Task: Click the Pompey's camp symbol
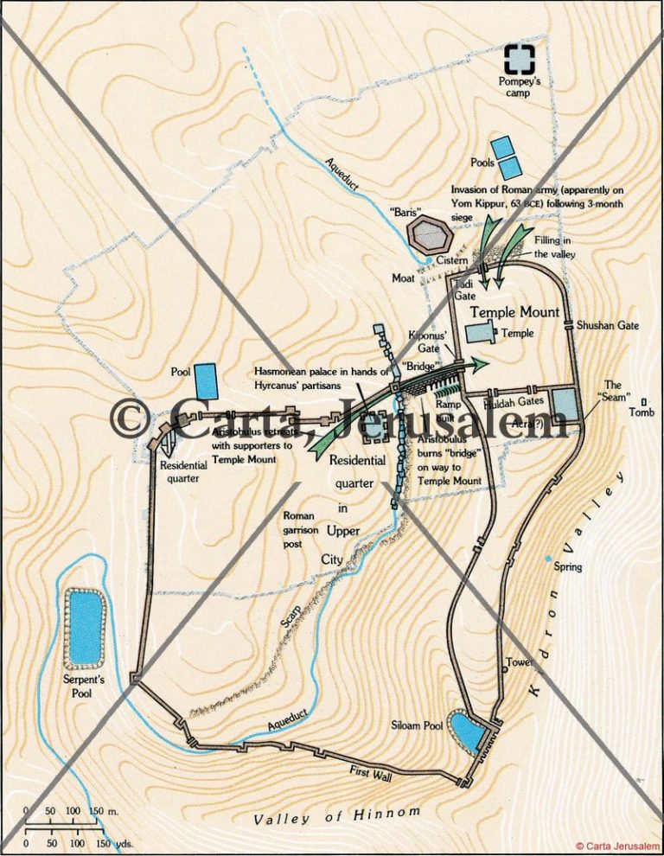pyautogui.click(x=520, y=58)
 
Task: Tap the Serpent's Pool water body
pyautogui.click(x=85, y=628)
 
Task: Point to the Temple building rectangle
pyautogui.click(x=480, y=333)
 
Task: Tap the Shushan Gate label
pyautogui.click(x=608, y=325)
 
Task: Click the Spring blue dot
pyautogui.click(x=548, y=559)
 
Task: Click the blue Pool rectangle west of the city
pyautogui.click(x=206, y=380)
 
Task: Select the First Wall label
pyautogui.click(x=371, y=773)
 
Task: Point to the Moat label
pyautogui.click(x=405, y=278)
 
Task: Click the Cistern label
pyautogui.click(x=452, y=260)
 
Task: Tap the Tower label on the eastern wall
pyautogui.click(x=519, y=662)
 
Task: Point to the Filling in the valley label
pyautogui.click(x=554, y=247)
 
